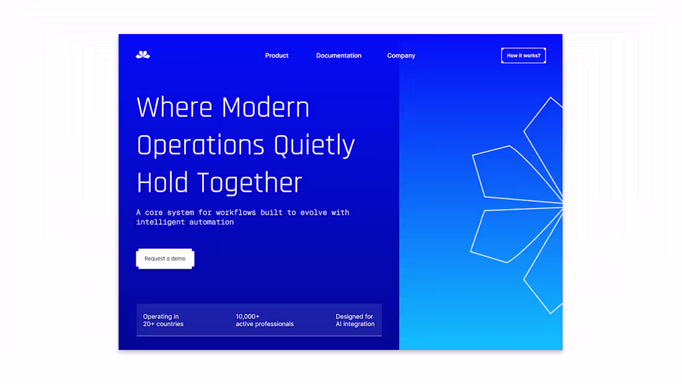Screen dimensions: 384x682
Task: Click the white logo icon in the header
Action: [143, 55]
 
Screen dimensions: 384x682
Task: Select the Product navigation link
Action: [277, 56]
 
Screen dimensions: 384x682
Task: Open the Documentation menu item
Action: [339, 56]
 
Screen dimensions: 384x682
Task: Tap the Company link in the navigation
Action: [401, 56]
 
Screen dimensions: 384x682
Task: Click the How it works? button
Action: [523, 56]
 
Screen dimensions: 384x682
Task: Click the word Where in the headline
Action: [174, 107]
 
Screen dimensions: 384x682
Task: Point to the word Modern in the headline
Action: [265, 107]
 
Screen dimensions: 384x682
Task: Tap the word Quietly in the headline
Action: [314, 145]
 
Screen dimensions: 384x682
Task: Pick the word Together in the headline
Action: [250, 183]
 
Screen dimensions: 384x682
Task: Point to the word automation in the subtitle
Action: [212, 222]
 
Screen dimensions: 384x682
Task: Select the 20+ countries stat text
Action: [163, 324]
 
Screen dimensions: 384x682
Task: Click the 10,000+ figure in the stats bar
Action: [247, 316]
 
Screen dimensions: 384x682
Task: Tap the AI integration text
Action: [355, 324]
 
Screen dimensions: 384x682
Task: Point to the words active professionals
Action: [265, 324]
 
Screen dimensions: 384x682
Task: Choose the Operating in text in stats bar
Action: [161, 316]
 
